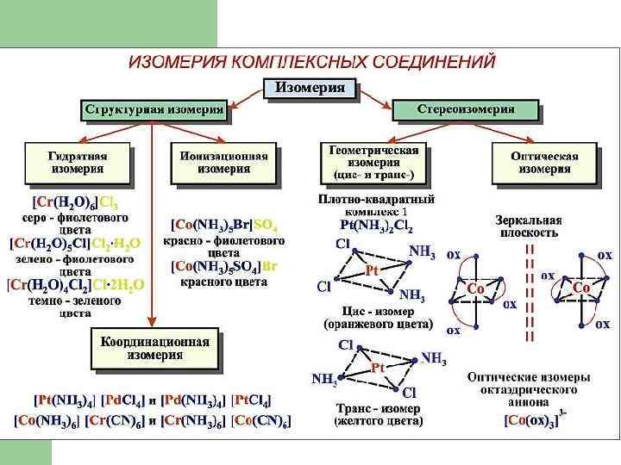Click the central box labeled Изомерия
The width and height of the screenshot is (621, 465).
point(310,87)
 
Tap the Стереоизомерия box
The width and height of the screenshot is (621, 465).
point(466,109)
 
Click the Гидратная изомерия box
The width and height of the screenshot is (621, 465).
point(78,163)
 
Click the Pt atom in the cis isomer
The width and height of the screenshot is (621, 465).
point(372,270)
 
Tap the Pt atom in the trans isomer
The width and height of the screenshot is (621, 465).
point(377,369)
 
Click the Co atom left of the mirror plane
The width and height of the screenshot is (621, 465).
point(475,288)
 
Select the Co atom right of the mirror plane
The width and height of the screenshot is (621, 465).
point(580,288)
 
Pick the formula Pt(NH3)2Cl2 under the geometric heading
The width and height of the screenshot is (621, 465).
point(376,229)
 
